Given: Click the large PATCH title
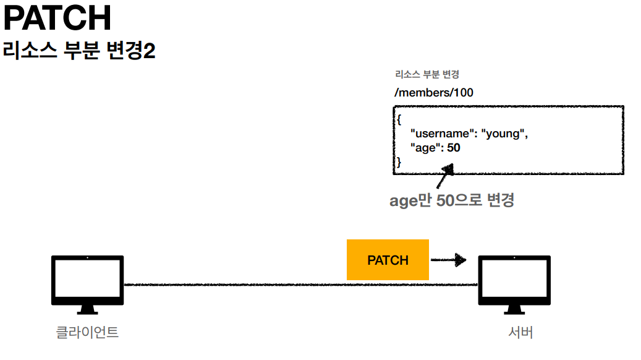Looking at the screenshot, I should (57, 19).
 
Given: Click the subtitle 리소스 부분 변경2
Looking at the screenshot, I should (79, 51).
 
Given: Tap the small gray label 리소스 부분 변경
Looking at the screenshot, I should (427, 75).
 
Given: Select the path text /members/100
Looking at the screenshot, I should (434, 93).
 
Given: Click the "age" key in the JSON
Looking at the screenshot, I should (424, 148).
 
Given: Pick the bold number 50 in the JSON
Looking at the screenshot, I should (453, 148).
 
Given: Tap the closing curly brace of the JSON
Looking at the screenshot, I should (399, 162).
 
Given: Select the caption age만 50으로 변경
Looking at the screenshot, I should (451, 200).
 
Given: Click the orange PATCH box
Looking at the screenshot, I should (388, 260).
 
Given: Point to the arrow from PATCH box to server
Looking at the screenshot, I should (448, 260).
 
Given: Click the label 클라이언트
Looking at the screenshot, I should (87, 332).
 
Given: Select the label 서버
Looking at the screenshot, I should (520, 332).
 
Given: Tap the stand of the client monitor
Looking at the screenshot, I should (87, 309).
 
